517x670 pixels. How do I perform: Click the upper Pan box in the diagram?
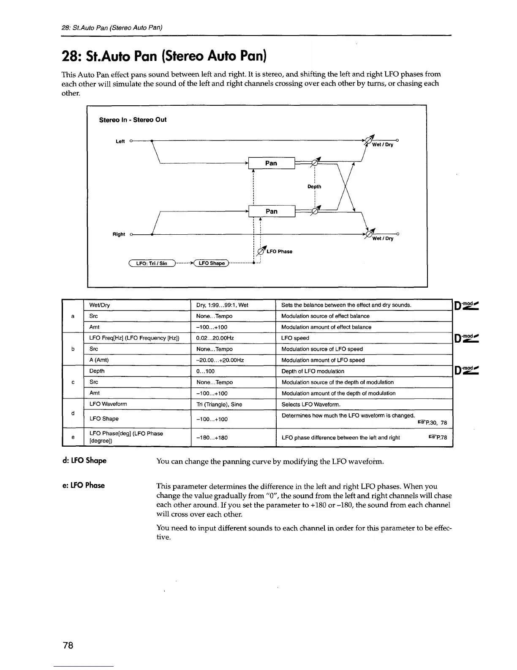coord(271,163)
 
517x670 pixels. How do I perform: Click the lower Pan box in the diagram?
coord(271,211)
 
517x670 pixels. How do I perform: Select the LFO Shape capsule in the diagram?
coord(212,263)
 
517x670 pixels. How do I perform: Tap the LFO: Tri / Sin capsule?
coord(151,263)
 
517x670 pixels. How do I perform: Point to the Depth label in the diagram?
coord(314,187)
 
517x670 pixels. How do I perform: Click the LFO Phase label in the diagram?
coord(279,252)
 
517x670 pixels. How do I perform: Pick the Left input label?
coord(120,141)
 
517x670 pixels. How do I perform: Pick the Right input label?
coord(119,234)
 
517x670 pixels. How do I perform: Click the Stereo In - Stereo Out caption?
coord(133,120)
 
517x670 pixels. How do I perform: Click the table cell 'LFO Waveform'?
coord(108,404)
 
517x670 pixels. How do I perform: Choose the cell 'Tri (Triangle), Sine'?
coord(219,404)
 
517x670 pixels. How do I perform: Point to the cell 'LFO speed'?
coord(295,338)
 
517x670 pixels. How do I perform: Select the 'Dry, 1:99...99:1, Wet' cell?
coord(222,305)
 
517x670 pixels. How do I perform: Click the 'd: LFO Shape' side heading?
coord(84,460)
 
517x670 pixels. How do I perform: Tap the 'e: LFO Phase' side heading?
coord(84,485)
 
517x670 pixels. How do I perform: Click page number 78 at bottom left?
coord(68,645)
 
